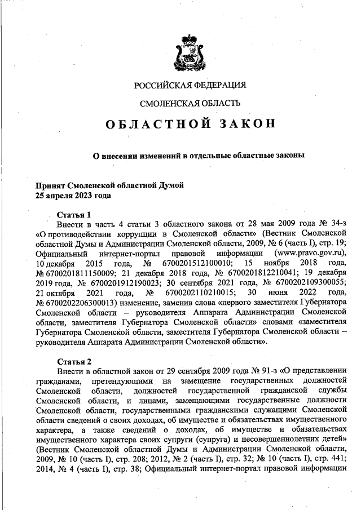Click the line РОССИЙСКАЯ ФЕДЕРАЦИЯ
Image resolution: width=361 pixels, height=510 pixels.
point(190,85)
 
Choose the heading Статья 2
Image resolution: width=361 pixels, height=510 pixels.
point(74,360)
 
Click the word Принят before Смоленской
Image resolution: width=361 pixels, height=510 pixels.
point(49,185)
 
